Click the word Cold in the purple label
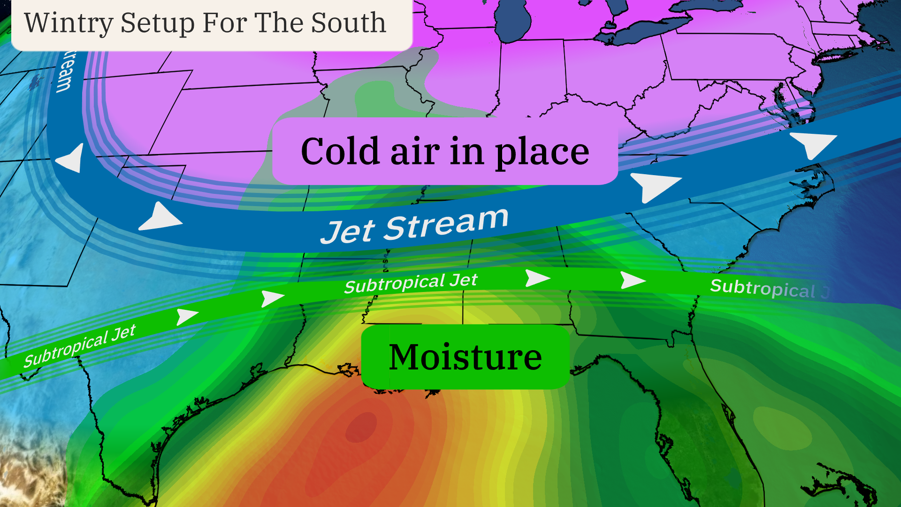click(340, 152)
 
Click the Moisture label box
click(465, 357)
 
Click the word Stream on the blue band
click(446, 223)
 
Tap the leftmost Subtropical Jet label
click(80, 346)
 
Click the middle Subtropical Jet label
click(411, 283)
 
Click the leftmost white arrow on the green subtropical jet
click(186, 316)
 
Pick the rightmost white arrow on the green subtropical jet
click(632, 280)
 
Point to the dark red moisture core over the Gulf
click(361, 427)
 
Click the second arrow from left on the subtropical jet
click(272, 298)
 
